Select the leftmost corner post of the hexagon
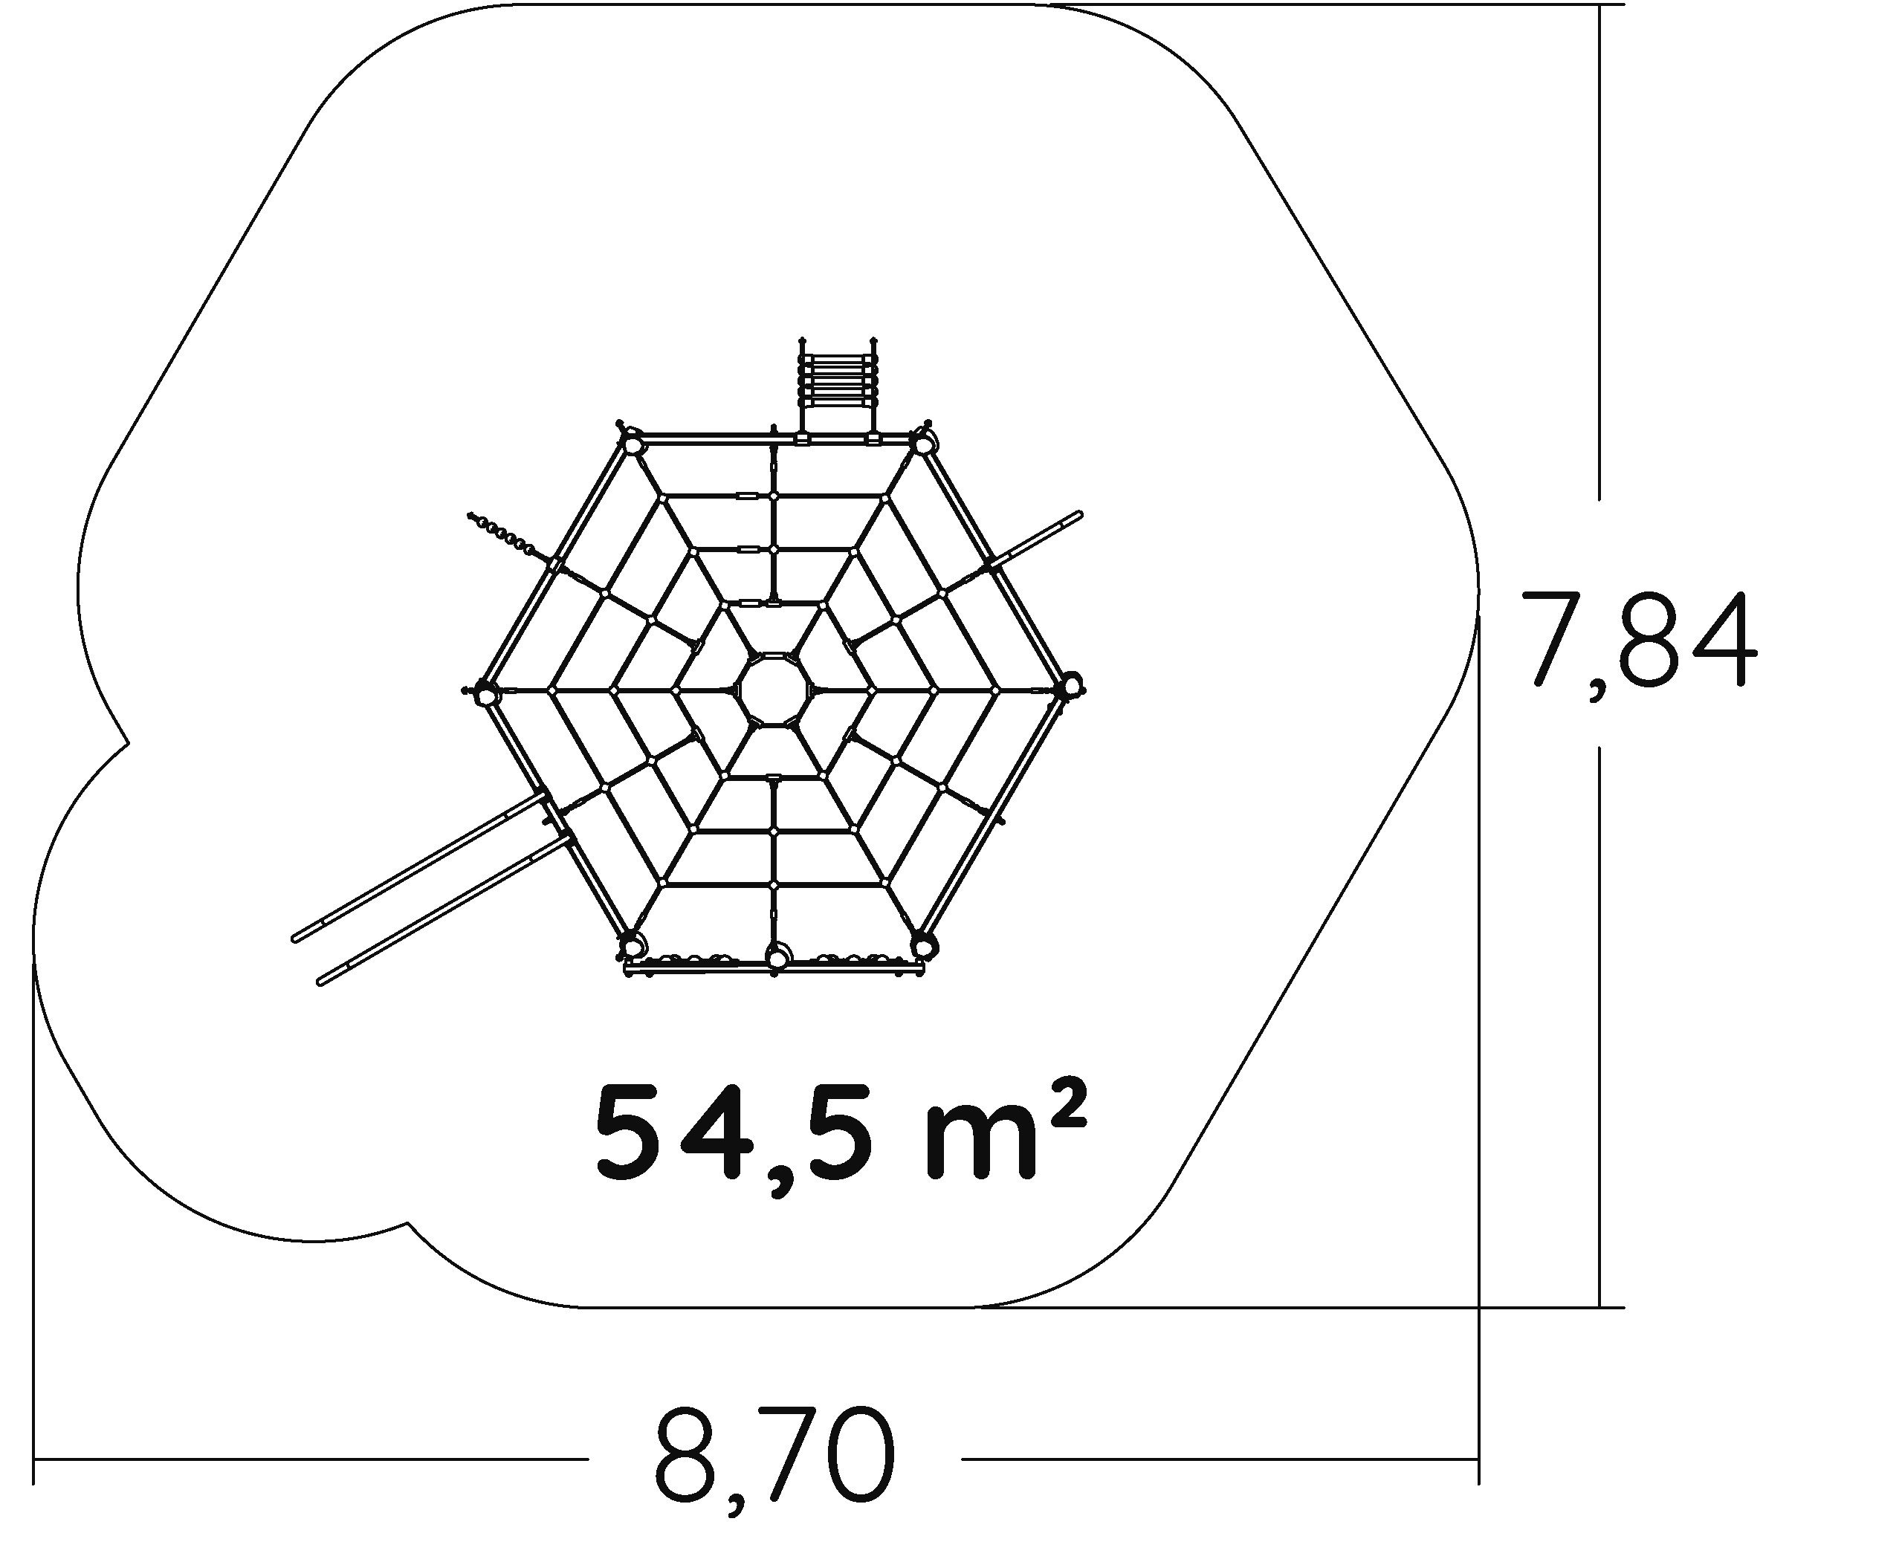pos(485,693)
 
